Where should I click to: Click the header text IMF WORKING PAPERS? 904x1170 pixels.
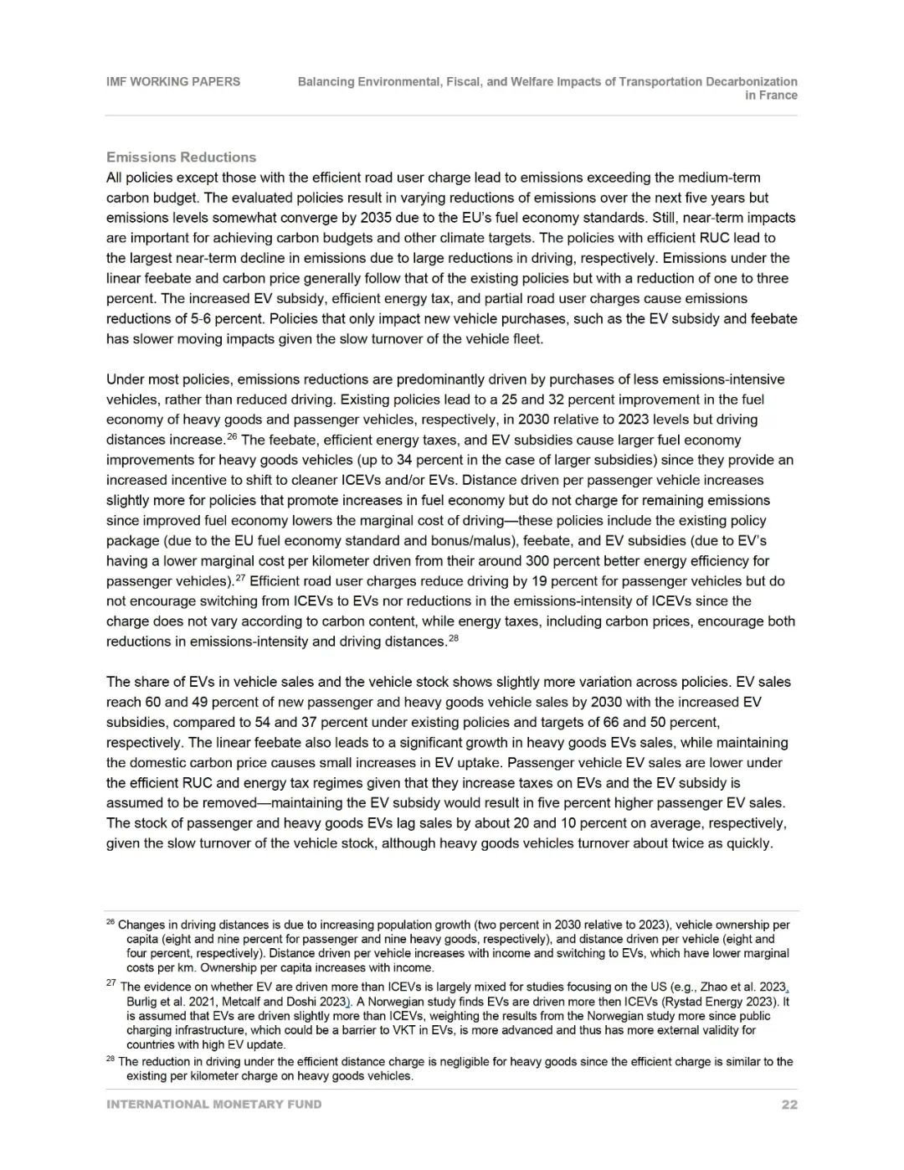173,82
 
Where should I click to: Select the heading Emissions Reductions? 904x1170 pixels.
181,157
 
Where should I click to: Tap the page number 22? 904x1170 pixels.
789,1105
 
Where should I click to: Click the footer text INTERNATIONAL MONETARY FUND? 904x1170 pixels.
213,1105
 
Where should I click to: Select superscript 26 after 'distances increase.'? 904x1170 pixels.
232,436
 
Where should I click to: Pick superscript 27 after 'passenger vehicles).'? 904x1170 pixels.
240,577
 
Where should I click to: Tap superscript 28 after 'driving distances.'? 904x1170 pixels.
454,638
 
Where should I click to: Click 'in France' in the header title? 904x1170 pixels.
771,95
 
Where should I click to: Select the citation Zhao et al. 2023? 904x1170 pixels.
742,987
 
